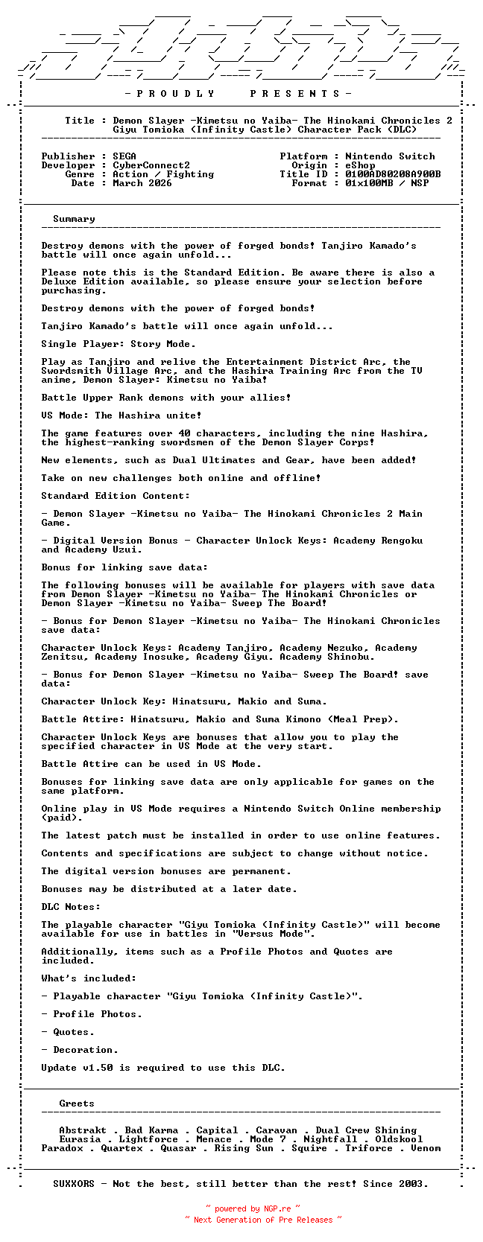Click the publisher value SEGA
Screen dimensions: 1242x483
[x=124, y=156]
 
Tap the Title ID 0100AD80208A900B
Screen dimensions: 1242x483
[x=393, y=174]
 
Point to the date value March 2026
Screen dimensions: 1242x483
[x=142, y=183]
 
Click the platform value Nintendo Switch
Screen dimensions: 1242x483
[x=390, y=156]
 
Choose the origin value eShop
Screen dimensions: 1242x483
[x=360, y=165]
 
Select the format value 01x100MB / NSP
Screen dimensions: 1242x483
[x=387, y=183]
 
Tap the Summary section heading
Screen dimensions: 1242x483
[x=74, y=219]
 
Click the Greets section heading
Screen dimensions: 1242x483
[x=77, y=1104]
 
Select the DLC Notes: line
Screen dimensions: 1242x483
[x=71, y=907]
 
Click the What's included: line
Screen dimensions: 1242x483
[x=89, y=978]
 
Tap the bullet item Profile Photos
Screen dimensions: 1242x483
[x=97, y=1014]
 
